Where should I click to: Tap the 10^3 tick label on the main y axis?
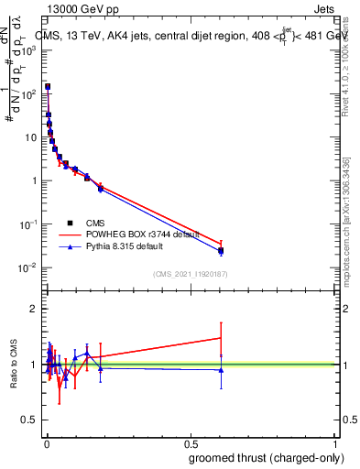point(27,50)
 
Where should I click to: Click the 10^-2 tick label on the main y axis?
point(27,267)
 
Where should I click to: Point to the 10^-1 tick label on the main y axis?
point(27,224)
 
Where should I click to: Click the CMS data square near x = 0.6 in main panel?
point(221,250)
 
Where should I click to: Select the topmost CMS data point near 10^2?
point(48,87)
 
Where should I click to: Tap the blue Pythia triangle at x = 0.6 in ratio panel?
point(221,370)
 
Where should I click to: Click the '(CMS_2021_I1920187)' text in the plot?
point(189,273)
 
